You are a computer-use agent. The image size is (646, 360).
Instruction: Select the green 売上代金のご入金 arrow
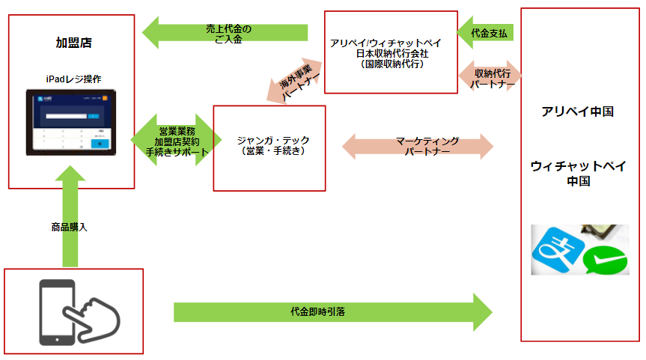click(x=225, y=33)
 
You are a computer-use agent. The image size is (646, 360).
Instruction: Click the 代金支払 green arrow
click(x=490, y=34)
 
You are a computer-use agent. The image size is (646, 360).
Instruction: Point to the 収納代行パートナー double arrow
click(x=492, y=78)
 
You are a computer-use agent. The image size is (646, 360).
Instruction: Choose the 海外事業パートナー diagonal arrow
click(x=294, y=81)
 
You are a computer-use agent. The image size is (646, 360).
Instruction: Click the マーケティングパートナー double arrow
click(x=418, y=145)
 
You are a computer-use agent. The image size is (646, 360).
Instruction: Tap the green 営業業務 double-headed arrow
click(x=177, y=140)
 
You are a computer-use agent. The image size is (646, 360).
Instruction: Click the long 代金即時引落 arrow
click(x=333, y=310)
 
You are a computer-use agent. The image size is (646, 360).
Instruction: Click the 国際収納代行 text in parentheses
click(x=391, y=64)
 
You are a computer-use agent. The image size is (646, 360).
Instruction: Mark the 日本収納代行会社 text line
click(x=391, y=54)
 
